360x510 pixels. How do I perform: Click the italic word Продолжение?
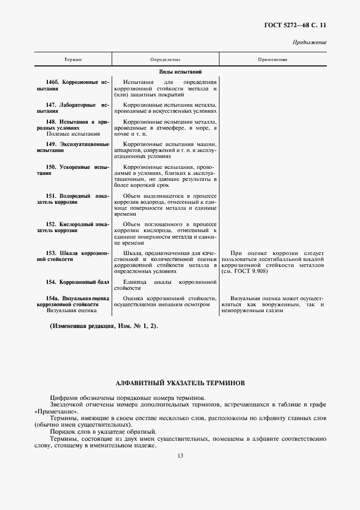(x=309, y=42)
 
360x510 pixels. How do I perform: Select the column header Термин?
(x=73, y=59)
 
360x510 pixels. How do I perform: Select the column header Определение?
(x=165, y=59)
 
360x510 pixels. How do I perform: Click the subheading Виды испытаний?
(x=180, y=71)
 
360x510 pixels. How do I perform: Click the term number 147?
(x=52, y=104)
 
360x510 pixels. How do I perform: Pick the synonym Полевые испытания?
(x=73, y=133)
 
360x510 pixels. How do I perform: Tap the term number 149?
(x=52, y=144)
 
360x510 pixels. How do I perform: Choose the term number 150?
(x=52, y=167)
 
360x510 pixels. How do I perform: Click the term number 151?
(x=52, y=195)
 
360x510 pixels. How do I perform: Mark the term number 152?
(x=52, y=224)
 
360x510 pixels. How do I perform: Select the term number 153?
(x=52, y=253)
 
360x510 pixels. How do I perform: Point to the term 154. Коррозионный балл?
(x=78, y=282)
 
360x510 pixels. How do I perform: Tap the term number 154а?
(x=53, y=298)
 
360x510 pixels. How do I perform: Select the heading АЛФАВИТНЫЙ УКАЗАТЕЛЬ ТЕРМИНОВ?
(x=180, y=383)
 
